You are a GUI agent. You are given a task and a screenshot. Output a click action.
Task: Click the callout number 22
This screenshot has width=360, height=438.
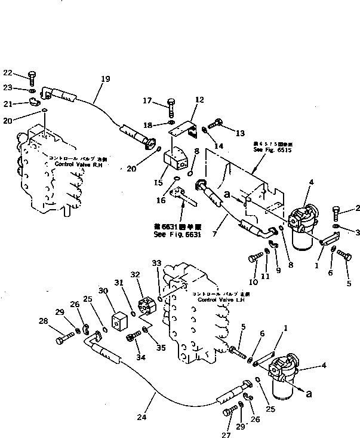point(7,73)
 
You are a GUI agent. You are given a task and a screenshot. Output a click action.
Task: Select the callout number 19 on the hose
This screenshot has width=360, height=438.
point(105,78)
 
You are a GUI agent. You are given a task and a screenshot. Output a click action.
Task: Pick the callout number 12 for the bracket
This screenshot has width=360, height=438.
point(199,100)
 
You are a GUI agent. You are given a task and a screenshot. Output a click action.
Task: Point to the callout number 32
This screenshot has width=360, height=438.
point(136,275)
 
